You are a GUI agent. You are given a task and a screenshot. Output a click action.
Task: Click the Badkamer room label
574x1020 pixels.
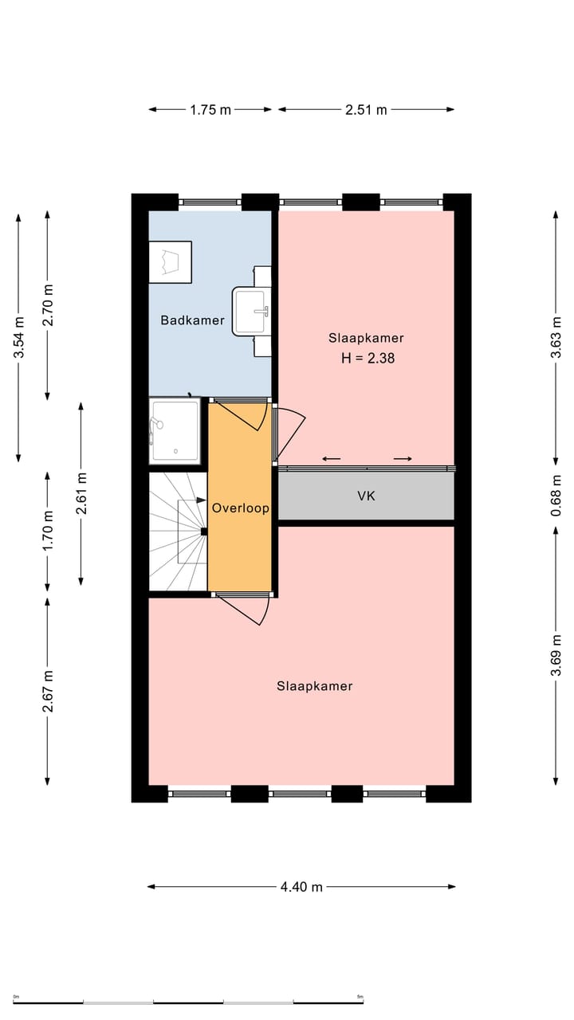pos(192,320)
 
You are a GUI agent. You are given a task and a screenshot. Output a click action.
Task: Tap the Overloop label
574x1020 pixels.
pos(240,508)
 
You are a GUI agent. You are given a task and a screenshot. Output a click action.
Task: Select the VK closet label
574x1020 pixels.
pos(366,496)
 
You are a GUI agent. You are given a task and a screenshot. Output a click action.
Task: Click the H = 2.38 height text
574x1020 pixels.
pos(368,359)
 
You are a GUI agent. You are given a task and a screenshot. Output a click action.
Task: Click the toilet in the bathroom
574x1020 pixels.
pos(171,261)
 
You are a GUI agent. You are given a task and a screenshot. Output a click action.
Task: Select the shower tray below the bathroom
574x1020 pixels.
pos(175,431)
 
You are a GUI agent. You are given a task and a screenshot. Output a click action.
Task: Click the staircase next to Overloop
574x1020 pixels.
pos(178,532)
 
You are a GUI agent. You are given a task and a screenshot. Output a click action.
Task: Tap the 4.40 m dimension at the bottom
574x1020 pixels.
pos(301,887)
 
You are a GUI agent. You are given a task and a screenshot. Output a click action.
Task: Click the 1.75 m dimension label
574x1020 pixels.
pos(210,110)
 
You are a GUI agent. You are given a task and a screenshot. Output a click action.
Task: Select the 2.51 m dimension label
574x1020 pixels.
pos(366,110)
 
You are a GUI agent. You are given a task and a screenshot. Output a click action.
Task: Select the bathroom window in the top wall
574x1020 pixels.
pos(210,202)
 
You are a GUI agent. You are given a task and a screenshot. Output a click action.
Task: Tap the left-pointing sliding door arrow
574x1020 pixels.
pos(332,458)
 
